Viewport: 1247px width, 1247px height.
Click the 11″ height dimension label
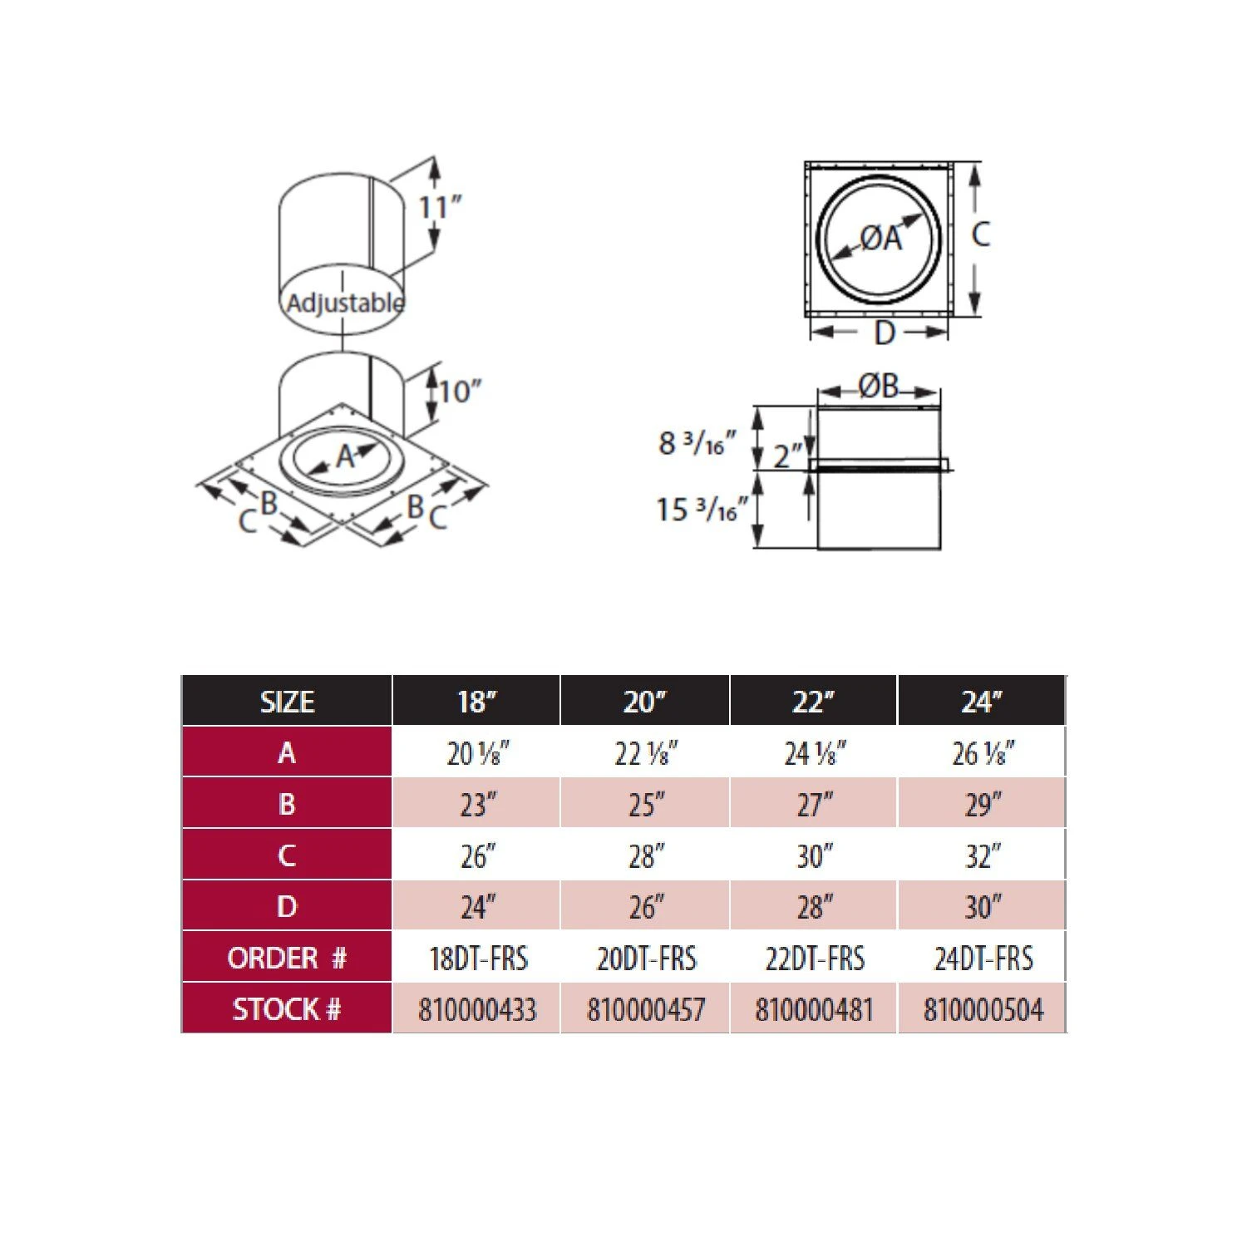[x=439, y=207]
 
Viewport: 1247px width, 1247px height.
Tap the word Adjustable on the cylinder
[x=345, y=303]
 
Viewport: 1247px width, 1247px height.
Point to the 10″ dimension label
[x=460, y=391]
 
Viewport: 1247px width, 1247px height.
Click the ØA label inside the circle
[x=880, y=239]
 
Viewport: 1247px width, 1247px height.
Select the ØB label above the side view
[x=879, y=387]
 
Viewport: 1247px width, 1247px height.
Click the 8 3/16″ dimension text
[x=697, y=443]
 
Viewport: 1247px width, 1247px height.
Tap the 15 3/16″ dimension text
[x=702, y=510]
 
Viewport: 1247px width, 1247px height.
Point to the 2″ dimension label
[x=788, y=456]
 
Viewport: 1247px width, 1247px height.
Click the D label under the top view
[x=884, y=334]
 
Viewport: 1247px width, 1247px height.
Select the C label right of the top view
[x=981, y=234]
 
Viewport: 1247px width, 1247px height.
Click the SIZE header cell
[x=287, y=702]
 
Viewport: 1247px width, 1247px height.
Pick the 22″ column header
[x=812, y=702]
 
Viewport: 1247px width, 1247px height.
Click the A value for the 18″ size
[x=477, y=753]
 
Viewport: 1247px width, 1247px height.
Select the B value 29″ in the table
[x=983, y=805]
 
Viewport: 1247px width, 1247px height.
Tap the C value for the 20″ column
[x=646, y=856]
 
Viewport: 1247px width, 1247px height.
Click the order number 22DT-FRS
[x=814, y=959]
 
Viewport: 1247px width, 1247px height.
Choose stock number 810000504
[x=983, y=1010]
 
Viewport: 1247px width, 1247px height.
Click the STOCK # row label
[x=287, y=1009]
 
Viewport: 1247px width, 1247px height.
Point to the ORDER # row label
[x=287, y=958]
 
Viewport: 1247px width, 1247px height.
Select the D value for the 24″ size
[x=983, y=907]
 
